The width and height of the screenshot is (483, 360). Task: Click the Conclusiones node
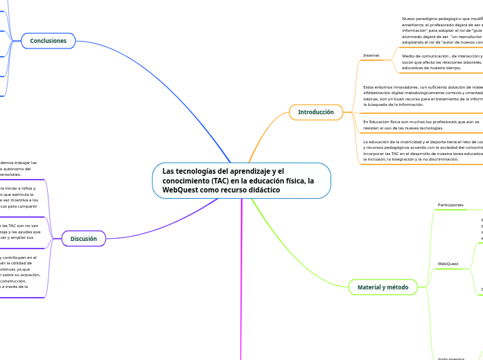[48, 41]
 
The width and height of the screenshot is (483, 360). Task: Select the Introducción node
[315, 112]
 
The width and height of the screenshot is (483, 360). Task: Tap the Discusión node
[84, 239]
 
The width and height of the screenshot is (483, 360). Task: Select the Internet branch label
[371, 55]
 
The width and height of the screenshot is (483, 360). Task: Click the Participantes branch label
[450, 205]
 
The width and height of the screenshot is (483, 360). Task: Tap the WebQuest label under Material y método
[448, 264]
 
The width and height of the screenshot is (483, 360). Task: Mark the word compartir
[26, 206]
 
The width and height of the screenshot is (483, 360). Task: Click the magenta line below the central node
[241, 277]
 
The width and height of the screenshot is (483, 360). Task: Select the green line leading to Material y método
[298, 242]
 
